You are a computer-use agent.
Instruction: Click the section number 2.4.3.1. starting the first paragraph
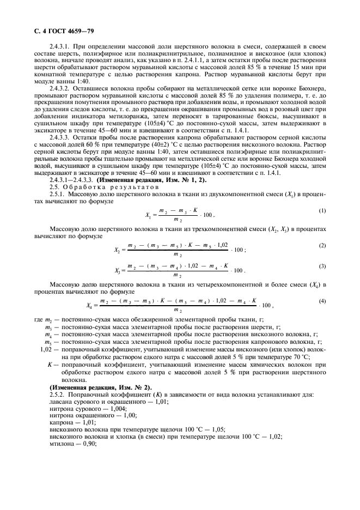click(62, 48)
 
